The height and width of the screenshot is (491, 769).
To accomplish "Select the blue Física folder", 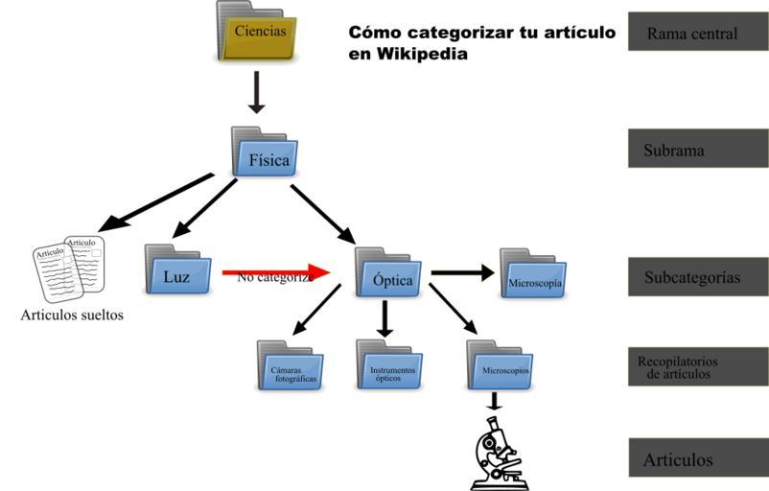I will [x=265, y=154].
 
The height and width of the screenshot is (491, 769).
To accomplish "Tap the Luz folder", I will [x=178, y=270].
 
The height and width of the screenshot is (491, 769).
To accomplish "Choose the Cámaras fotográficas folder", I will [x=290, y=366].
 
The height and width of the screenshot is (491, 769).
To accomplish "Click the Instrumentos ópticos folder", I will [x=389, y=366].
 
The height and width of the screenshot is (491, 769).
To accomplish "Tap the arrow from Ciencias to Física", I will [x=255, y=93].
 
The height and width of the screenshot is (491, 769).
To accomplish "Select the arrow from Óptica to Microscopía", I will [x=462, y=273].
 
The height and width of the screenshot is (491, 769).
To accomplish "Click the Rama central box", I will [x=697, y=33].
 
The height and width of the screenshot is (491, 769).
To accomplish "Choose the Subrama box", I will [x=697, y=150].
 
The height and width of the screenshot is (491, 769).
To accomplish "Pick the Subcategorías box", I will [x=697, y=277].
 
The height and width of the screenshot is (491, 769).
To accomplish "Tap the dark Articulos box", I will [x=697, y=459].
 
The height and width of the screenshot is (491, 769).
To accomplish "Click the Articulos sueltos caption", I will [x=72, y=315].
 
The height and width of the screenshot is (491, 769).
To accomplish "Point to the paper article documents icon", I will [x=69, y=266].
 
